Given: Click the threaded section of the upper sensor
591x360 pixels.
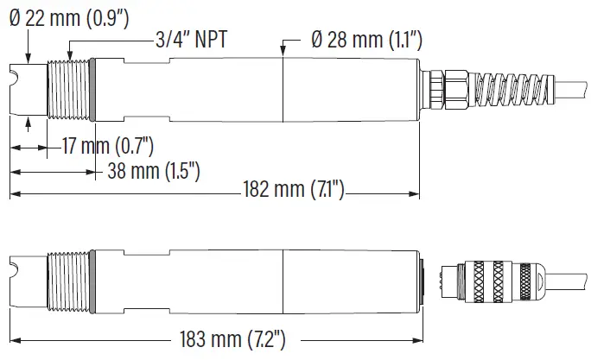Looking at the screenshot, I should tap(69, 90).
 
